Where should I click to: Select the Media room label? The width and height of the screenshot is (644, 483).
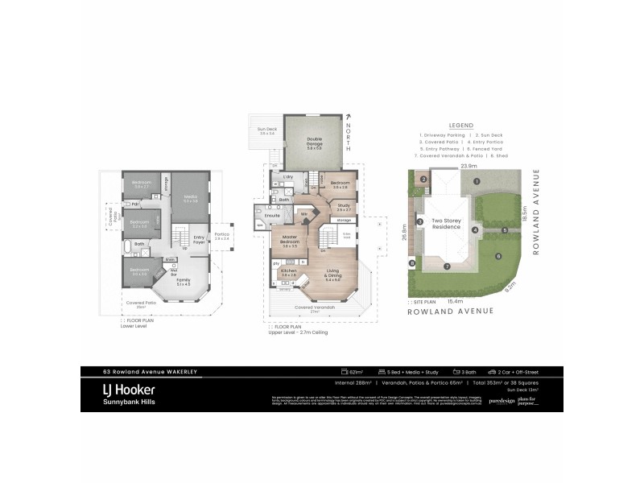pyautogui.click(x=191, y=198)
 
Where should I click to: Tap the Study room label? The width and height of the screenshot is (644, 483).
pyautogui.click(x=344, y=207)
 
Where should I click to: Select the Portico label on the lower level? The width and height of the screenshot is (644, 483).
pyautogui.click(x=223, y=236)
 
